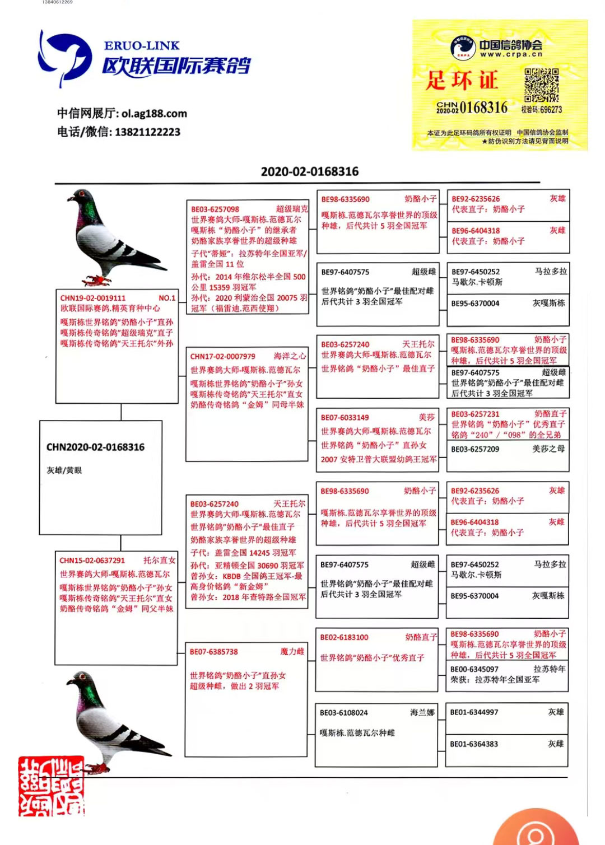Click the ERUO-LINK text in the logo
(141, 46)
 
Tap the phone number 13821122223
(148, 132)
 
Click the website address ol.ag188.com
(154, 114)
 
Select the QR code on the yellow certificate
(541, 85)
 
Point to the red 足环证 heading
(462, 81)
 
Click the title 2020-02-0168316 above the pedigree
(309, 171)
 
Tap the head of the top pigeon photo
(82, 197)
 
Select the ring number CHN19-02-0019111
(93, 298)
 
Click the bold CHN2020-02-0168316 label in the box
(95, 447)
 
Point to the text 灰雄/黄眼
(64, 470)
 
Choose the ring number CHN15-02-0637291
(92, 561)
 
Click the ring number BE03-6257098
(215, 209)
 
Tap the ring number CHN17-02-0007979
(223, 356)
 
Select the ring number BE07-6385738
(214, 652)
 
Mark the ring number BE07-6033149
(345, 418)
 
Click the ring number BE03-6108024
(344, 713)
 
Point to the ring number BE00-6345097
(474, 669)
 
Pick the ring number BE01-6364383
(474, 744)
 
